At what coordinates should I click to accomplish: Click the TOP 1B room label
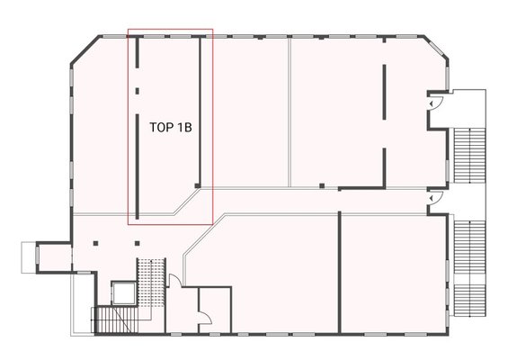[171, 127]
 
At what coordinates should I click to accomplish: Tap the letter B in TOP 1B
[188, 127]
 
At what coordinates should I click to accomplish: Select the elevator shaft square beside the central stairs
[123, 293]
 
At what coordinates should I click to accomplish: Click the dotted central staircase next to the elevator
[151, 283]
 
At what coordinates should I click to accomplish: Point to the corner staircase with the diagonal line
[118, 319]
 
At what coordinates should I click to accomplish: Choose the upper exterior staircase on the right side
[469, 155]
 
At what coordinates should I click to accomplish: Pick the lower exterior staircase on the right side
[469, 268]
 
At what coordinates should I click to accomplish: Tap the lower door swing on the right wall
[435, 197]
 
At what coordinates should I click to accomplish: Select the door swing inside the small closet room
[205, 317]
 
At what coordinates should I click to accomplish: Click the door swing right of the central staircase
[175, 281]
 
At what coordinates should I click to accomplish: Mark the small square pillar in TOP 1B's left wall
[137, 91]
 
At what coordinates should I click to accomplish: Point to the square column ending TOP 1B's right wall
[197, 185]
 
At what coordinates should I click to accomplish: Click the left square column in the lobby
[95, 243]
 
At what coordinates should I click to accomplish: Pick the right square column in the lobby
[137, 243]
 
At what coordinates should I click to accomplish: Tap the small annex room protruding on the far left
[54, 257]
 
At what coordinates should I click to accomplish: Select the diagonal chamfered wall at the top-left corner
[85, 49]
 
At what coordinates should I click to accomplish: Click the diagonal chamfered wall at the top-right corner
[436, 48]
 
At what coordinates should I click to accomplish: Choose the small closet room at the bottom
[215, 310]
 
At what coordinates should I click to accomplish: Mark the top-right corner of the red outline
[212, 29]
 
